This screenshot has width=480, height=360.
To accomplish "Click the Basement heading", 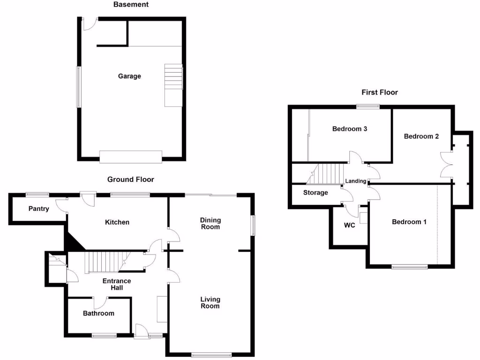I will [x=131, y=5].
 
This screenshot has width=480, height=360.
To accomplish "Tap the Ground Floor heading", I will [x=130, y=180].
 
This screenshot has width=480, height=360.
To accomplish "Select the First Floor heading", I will [x=379, y=92].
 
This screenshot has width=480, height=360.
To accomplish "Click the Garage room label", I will [x=129, y=76].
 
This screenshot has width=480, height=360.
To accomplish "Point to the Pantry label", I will [x=38, y=209].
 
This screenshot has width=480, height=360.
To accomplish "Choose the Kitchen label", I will [x=117, y=222].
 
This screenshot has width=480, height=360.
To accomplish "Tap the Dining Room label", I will [x=210, y=224].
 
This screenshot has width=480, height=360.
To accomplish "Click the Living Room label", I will [x=210, y=303].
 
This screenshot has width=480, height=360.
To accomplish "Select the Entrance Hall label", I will [x=117, y=284].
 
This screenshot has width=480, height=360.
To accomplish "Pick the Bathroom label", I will [x=98, y=313].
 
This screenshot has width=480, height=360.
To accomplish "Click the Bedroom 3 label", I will [x=349, y=129].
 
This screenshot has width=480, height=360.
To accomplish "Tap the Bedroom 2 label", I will [x=421, y=136].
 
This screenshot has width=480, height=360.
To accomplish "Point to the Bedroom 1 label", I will [x=409, y=222].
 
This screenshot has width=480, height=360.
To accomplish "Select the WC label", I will [x=350, y=225].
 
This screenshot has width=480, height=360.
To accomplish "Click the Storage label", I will [x=315, y=193].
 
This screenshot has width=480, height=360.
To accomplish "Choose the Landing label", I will [x=355, y=181].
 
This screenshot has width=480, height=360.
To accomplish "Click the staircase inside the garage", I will [x=172, y=84].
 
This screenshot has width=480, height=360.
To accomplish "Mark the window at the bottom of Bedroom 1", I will [x=410, y=267].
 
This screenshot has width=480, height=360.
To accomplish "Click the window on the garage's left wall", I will [x=79, y=87].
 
